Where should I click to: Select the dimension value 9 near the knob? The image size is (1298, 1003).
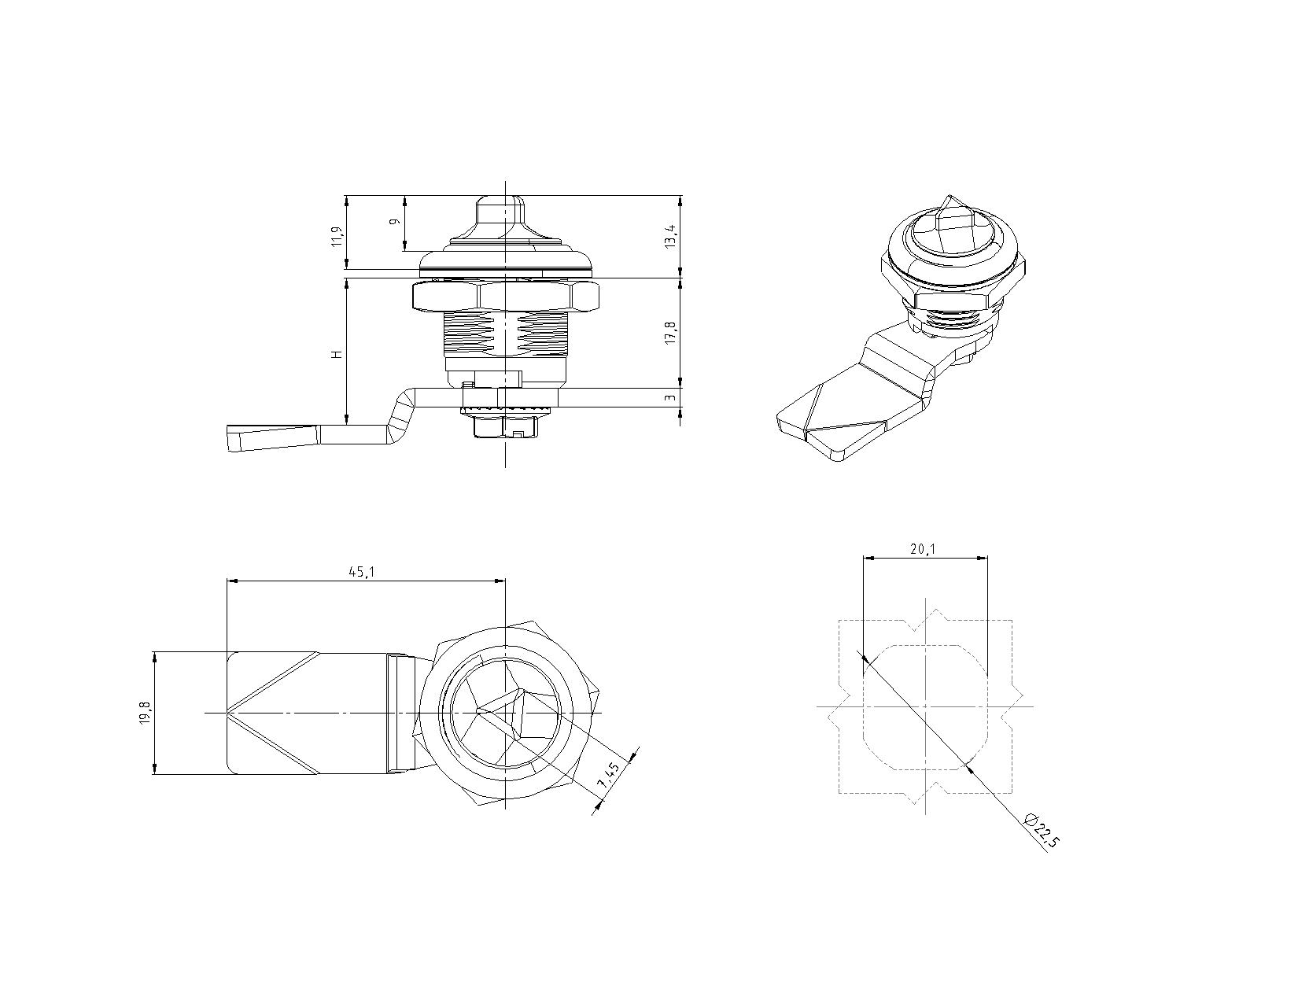point(396,223)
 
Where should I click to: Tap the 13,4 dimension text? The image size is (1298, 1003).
point(669,236)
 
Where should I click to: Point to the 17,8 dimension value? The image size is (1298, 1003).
point(669,332)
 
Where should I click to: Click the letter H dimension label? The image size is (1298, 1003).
point(337,354)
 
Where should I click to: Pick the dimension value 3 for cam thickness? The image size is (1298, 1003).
point(669,397)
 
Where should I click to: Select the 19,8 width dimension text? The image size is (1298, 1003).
point(145,713)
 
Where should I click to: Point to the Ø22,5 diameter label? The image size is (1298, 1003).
point(1043,831)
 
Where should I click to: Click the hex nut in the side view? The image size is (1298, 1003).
point(506,296)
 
